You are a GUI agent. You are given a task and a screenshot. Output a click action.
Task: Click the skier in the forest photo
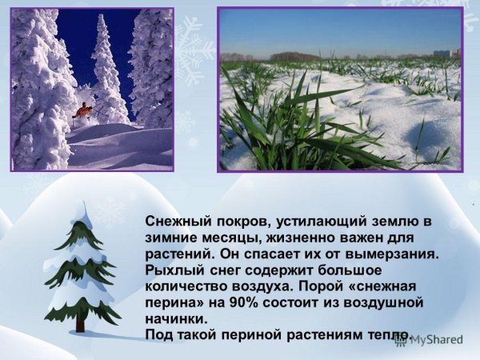(84, 110)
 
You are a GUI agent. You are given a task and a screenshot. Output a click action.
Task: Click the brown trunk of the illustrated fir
(80, 323)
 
